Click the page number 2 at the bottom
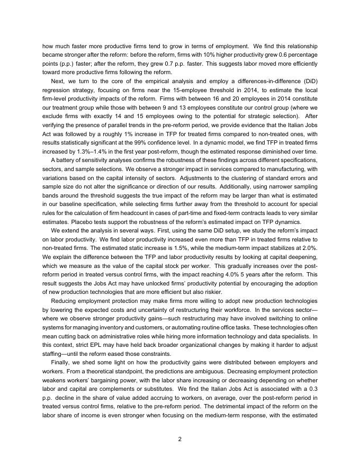pos(179,438)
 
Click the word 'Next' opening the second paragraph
pos(58,80)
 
